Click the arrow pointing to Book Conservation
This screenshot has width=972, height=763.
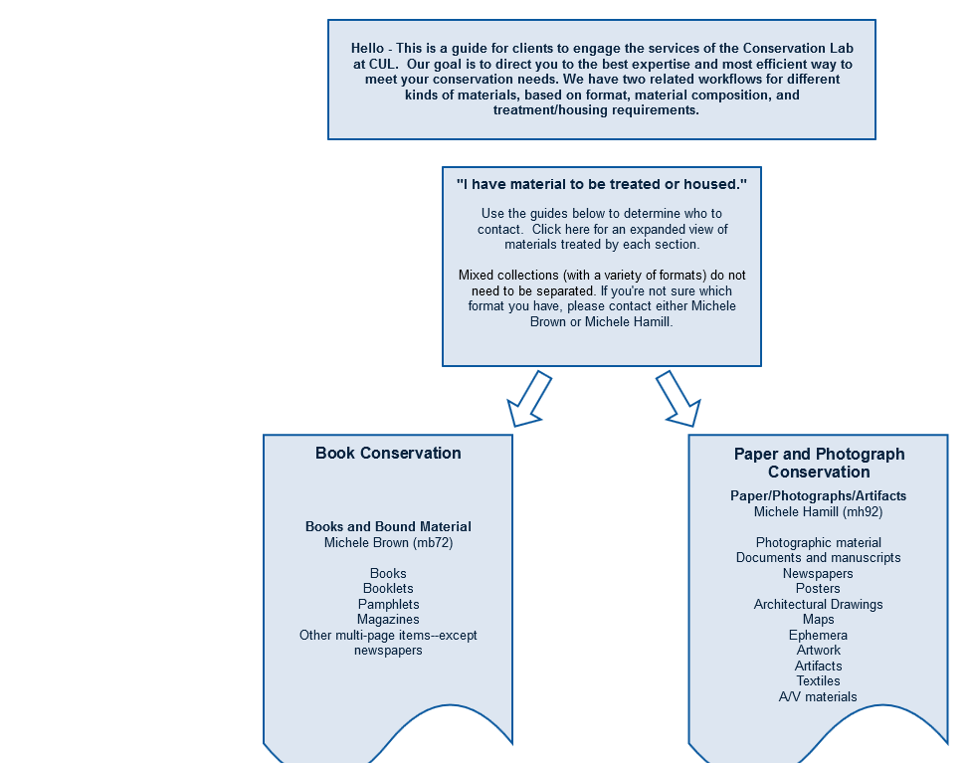529,399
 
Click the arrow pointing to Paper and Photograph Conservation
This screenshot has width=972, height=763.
679,399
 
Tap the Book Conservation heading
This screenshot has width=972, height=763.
388,453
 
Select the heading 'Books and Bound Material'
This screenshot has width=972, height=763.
388,527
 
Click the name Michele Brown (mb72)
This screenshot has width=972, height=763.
388,543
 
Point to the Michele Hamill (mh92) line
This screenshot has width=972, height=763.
818,512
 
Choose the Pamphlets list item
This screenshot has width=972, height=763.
388,604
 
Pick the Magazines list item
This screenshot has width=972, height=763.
388,619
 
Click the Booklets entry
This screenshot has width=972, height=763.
388,589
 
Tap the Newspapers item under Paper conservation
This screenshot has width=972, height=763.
818,573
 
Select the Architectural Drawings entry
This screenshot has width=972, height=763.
818,604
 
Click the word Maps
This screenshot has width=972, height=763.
818,619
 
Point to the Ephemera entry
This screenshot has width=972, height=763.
818,636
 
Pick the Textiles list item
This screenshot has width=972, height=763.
818,681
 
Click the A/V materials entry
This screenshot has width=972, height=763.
818,696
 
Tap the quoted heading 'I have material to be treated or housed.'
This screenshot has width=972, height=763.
602,184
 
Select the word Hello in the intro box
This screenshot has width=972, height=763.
367,49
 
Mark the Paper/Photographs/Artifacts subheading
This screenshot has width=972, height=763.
818,495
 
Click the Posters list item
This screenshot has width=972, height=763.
818,589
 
